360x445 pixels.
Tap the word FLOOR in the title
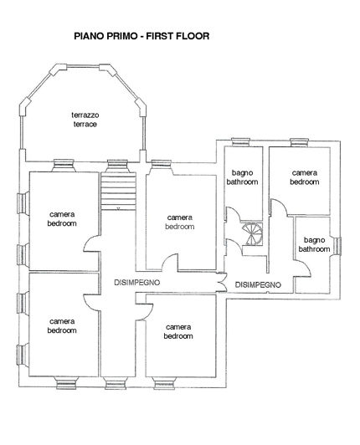[191, 37]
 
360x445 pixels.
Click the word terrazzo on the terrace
[84, 115]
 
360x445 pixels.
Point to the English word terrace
[84, 124]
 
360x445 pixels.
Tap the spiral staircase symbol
[250, 232]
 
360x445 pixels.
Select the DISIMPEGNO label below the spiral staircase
[258, 284]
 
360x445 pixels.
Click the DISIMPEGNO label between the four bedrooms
[136, 284]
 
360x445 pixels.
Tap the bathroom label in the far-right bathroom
[314, 248]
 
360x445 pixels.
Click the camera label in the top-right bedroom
[305, 172]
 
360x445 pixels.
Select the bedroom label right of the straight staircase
[179, 226]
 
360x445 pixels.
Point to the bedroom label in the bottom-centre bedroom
[179, 336]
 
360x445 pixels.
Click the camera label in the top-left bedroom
[63, 214]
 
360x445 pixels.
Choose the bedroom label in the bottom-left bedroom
[63, 330]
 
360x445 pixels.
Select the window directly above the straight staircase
[116, 163]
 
